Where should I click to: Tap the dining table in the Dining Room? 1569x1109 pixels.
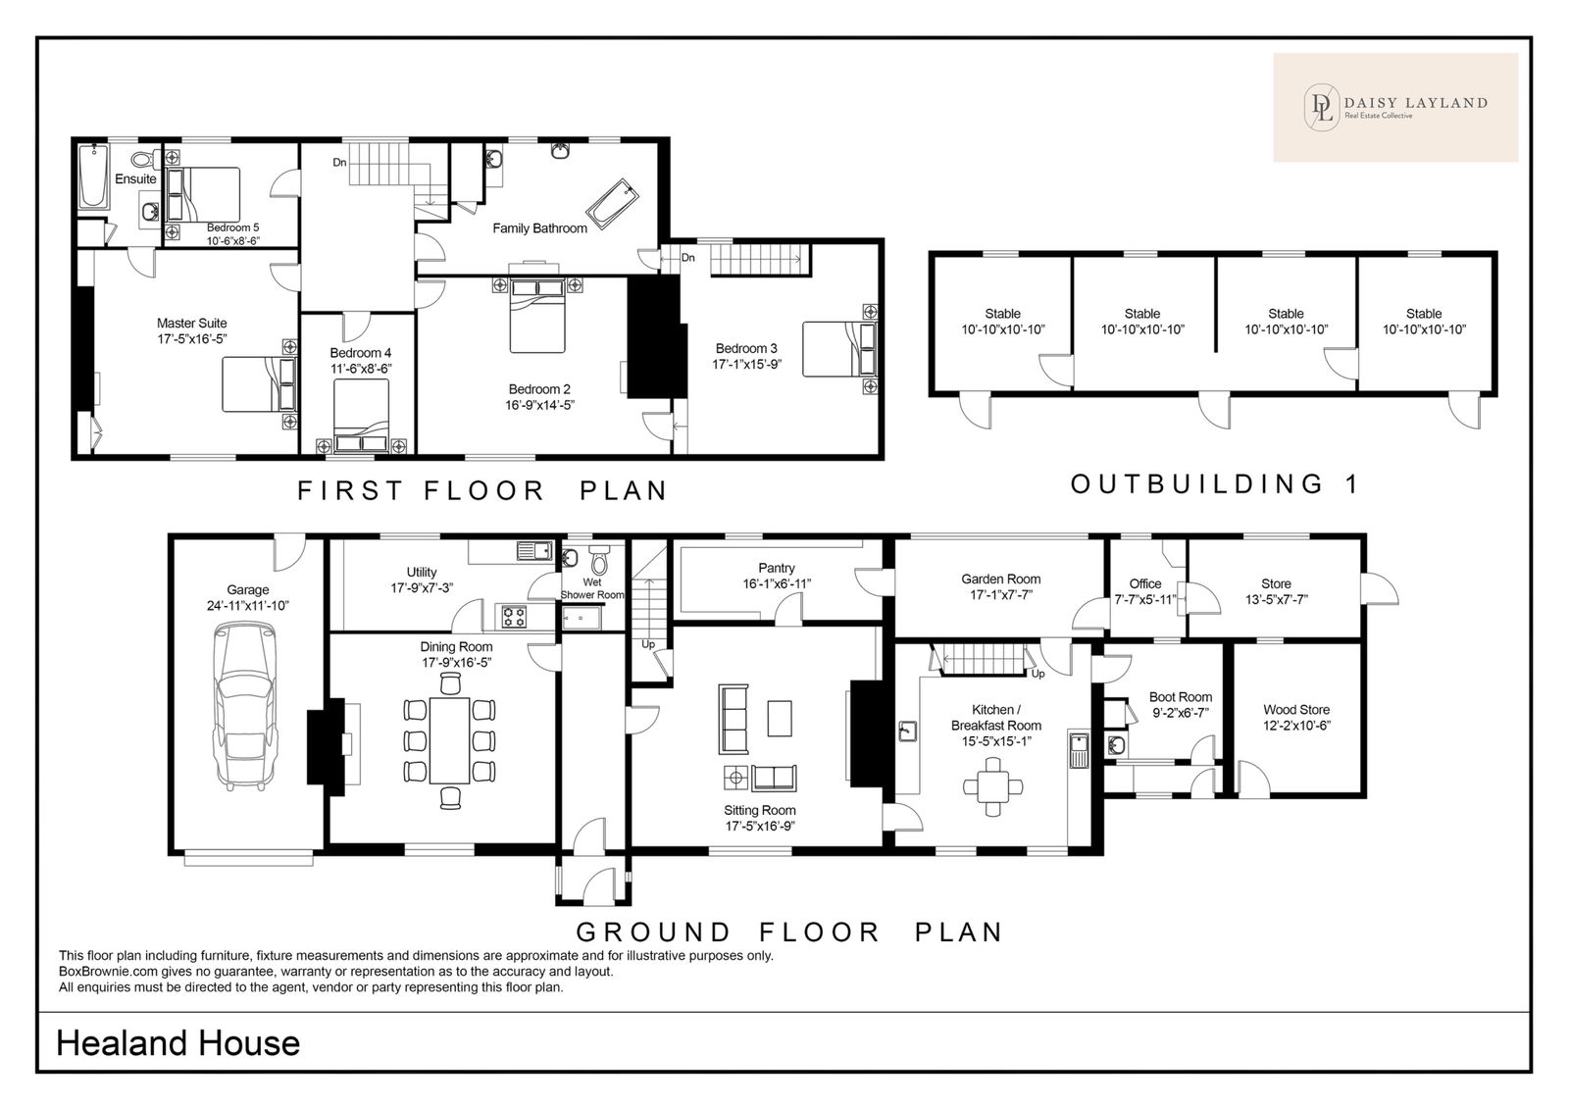pyautogui.click(x=450, y=739)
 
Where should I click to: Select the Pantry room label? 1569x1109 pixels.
pyautogui.click(x=776, y=568)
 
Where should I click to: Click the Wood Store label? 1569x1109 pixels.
pyautogui.click(x=1295, y=710)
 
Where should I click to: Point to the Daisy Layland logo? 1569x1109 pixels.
pyautogui.click(x=1395, y=107)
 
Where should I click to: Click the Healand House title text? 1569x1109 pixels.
pyautogui.click(x=177, y=1043)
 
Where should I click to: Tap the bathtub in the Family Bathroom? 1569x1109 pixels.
pyautogui.click(x=612, y=199)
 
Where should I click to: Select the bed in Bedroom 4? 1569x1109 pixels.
pyautogui.click(x=361, y=416)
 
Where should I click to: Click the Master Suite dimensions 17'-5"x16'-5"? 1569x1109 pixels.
pyautogui.click(x=192, y=339)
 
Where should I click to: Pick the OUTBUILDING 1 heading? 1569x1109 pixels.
pyautogui.click(x=1215, y=484)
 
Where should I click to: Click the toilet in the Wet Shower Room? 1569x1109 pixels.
pyautogui.click(x=599, y=558)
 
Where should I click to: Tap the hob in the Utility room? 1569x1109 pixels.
pyautogui.click(x=515, y=617)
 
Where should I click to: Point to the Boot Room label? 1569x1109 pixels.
pyautogui.click(x=1181, y=697)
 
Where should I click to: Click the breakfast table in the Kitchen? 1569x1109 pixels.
pyautogui.click(x=993, y=786)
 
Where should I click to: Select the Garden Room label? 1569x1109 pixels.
pyautogui.click(x=1000, y=580)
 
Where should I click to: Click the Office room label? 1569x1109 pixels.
pyautogui.click(x=1144, y=583)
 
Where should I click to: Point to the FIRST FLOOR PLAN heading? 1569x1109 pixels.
pyautogui.click(x=481, y=490)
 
